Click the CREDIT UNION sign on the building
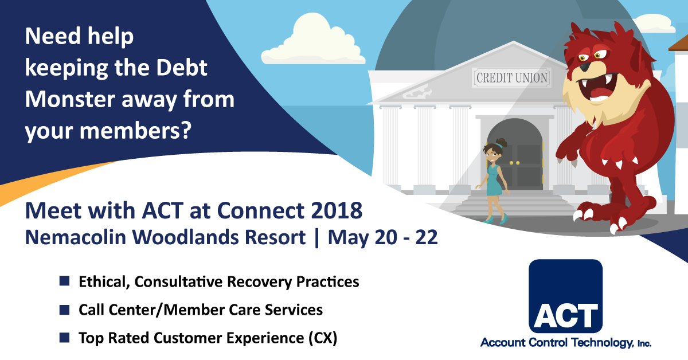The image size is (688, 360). [511, 77]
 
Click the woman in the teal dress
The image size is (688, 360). [493, 181]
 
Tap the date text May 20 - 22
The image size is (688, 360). [382, 238]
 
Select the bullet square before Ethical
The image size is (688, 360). [64, 281]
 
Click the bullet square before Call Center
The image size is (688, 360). [64, 310]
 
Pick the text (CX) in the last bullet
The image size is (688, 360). [322, 338]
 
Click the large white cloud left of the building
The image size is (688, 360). [312, 43]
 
